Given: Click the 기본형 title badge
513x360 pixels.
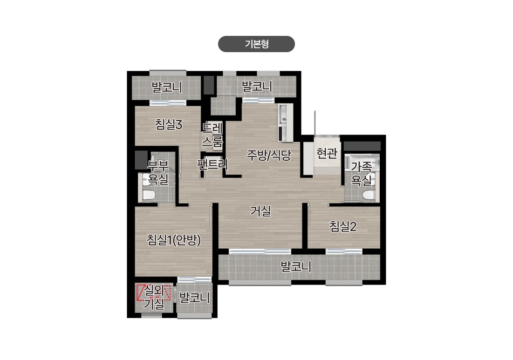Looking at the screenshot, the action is tap(256, 44).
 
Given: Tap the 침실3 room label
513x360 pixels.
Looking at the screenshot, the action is tap(168, 124).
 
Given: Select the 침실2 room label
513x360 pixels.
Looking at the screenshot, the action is tap(342, 226).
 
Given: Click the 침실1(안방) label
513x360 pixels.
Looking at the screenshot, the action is tap(173, 240).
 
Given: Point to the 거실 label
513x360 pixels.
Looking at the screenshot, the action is tap(260, 211).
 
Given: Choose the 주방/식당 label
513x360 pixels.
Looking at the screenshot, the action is tap(268, 155).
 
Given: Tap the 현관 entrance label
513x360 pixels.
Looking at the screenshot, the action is tap(327, 153).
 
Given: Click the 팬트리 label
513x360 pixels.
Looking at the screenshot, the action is tap(212, 164).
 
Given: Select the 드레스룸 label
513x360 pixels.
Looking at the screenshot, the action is tap(212, 135).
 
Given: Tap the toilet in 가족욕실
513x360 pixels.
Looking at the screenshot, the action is tap(369, 195).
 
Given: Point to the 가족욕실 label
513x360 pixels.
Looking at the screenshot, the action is tap(361, 173).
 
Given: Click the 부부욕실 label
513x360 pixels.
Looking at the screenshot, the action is tap(158, 173).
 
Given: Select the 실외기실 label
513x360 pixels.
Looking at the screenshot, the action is tap(154, 297).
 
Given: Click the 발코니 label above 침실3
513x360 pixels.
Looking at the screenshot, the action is tap(166, 87).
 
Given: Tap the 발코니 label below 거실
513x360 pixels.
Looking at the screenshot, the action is tap(296, 267).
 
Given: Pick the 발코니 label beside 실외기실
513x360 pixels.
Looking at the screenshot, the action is tap(194, 298).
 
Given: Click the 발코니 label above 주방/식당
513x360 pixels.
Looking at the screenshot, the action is tap(257, 86).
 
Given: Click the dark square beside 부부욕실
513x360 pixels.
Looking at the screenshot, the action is tap(141, 160).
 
